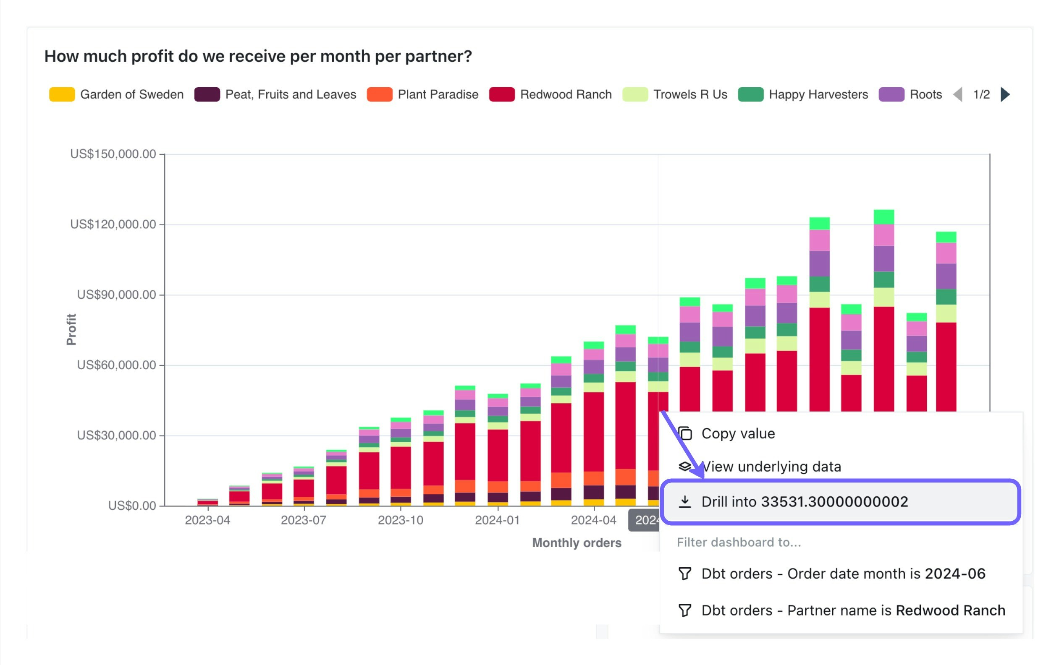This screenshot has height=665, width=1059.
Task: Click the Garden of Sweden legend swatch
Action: click(x=62, y=94)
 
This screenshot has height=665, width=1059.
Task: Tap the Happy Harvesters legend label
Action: click(x=818, y=94)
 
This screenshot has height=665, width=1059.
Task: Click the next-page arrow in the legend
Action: click(x=1005, y=94)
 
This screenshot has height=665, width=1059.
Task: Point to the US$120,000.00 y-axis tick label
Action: click(x=113, y=224)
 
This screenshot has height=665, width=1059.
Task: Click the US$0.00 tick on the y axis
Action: click(x=132, y=506)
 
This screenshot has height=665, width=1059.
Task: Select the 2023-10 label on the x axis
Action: click(x=400, y=520)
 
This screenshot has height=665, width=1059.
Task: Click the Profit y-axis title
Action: click(x=71, y=329)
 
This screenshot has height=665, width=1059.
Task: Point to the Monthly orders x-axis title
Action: click(x=577, y=543)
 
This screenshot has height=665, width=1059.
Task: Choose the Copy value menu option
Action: click(x=738, y=433)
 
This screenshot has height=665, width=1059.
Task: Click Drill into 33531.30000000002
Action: click(x=805, y=501)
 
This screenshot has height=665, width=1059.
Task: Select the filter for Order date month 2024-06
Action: click(x=843, y=574)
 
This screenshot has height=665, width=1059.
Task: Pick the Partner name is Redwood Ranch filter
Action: click(x=853, y=610)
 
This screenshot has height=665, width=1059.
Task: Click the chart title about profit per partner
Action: click(x=258, y=56)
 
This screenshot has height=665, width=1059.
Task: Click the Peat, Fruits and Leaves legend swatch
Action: click(x=207, y=94)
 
